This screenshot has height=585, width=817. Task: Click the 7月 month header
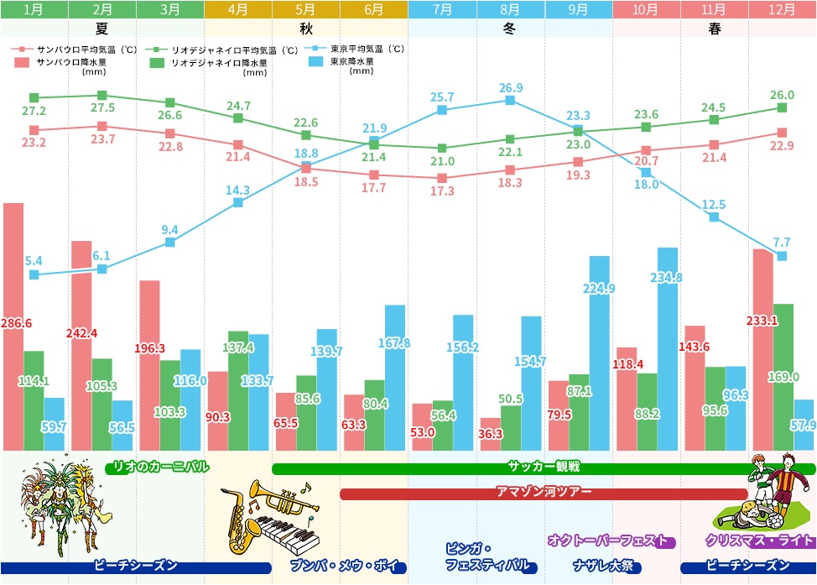click(x=442, y=10)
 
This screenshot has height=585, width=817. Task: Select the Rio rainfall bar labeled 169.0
click(x=783, y=377)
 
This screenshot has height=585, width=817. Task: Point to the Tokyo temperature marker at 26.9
click(x=510, y=101)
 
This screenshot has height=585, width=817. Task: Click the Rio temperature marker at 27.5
click(x=102, y=95)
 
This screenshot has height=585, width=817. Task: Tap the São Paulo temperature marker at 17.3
click(x=442, y=178)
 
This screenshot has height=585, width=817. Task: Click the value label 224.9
click(x=599, y=289)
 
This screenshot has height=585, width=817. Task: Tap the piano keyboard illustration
click(x=285, y=530)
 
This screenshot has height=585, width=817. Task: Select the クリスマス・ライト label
click(x=759, y=541)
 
